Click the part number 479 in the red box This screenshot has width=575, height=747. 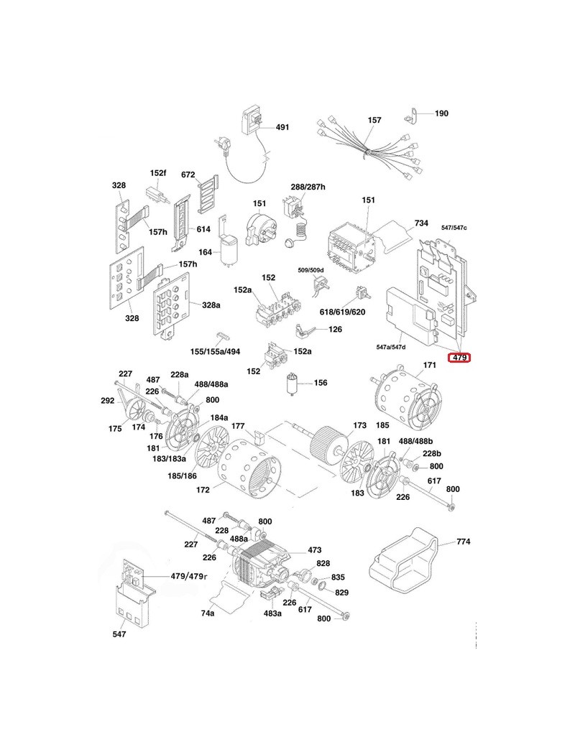459,357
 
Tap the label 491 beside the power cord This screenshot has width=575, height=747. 282,127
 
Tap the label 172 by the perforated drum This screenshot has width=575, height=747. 203,490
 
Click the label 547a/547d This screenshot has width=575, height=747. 391,347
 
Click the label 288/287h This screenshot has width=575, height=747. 308,187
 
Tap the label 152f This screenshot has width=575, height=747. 157,174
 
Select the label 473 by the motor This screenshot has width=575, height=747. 314,549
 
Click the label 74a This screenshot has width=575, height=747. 208,613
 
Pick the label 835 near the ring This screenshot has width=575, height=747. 338,578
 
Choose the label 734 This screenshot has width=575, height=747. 421,223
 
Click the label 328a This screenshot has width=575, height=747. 211,305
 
